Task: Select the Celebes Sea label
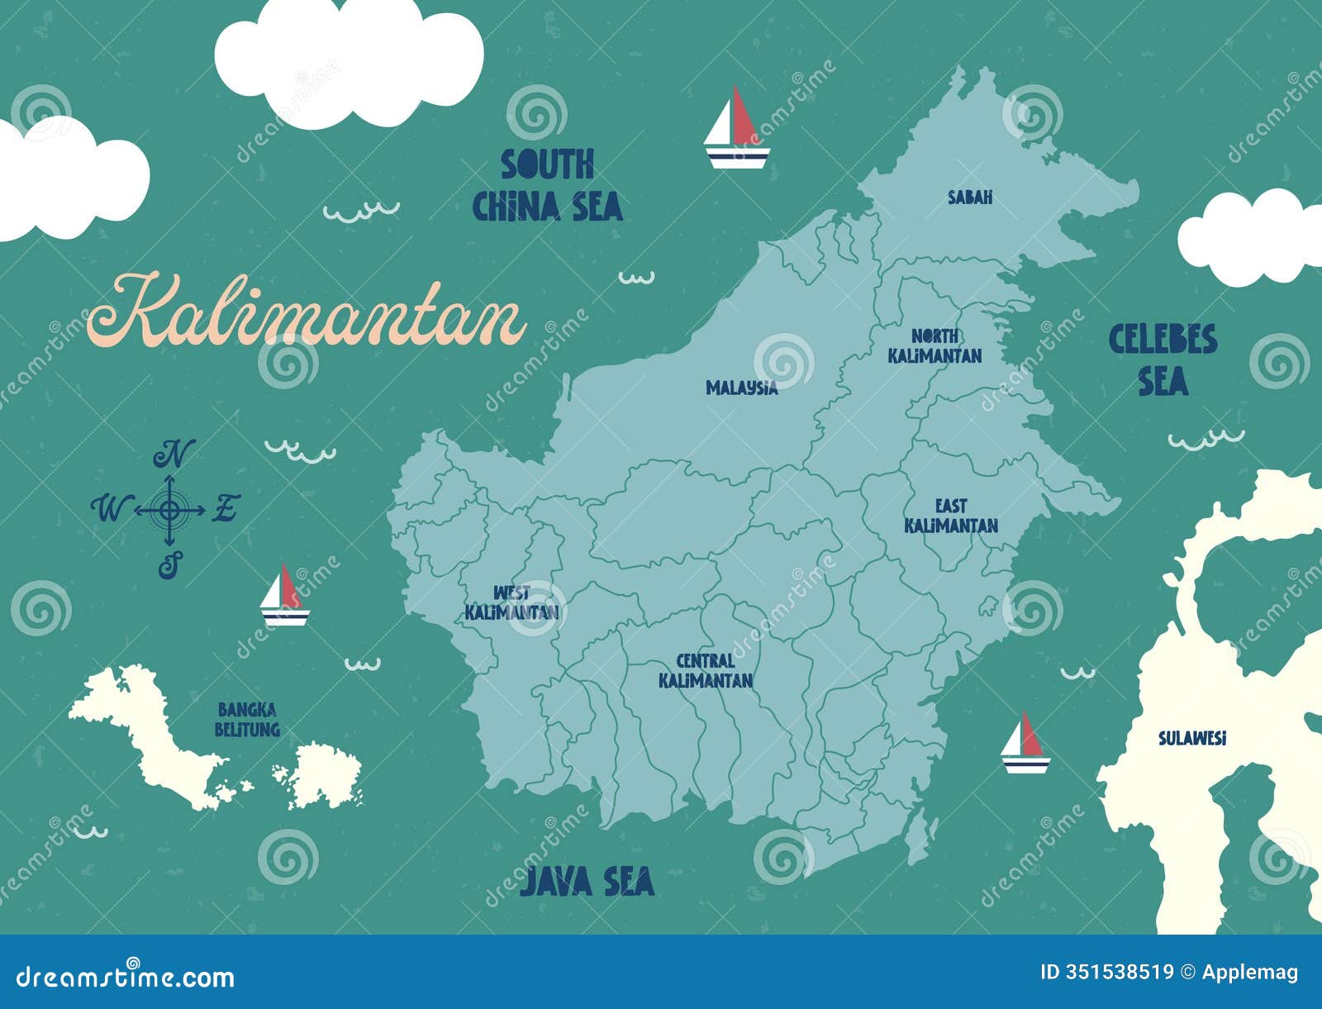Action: tap(1163, 360)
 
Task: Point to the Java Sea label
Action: tap(587, 882)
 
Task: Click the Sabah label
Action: tap(970, 198)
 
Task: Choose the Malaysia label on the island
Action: tap(741, 388)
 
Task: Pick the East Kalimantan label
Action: tap(950, 516)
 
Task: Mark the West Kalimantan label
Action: tap(511, 603)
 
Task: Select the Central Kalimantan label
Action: tap(706, 671)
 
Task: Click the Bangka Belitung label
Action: tap(247, 720)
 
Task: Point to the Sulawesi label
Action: tap(1191, 739)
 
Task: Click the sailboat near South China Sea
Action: tap(736, 130)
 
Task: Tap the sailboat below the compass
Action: tap(284, 595)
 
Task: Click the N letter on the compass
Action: tap(174, 454)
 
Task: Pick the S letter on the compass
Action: tap(169, 566)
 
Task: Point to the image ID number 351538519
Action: tap(1106, 972)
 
